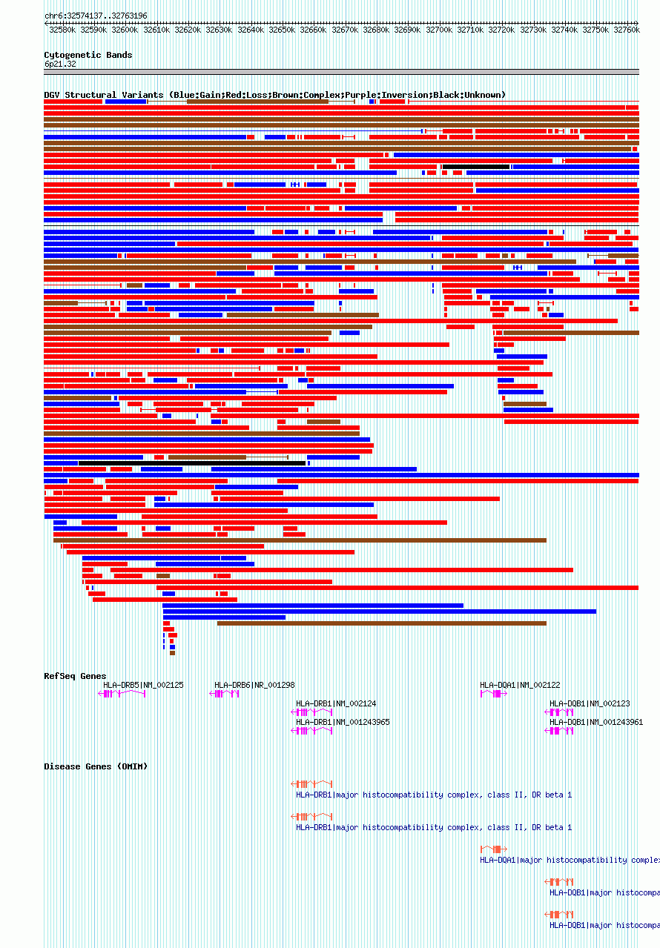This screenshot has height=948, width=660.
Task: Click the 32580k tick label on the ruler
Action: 62,30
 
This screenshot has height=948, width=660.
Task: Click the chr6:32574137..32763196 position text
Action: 96,16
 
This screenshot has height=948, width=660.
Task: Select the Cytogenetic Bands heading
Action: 88,55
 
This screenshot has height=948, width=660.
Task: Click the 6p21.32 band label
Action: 59,64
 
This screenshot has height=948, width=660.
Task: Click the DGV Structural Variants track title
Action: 274,95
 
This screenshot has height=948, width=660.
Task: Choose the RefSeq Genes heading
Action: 75,676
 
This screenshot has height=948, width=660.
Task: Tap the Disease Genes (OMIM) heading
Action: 96,766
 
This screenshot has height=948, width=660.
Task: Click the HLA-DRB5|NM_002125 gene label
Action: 143,685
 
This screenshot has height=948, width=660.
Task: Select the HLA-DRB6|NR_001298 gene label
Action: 254,685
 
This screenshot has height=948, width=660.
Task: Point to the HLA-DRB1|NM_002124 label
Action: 336,703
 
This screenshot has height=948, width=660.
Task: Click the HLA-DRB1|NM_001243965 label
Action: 343,722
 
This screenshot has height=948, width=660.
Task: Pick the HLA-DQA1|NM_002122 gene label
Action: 520,685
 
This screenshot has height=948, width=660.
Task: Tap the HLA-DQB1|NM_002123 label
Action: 590,703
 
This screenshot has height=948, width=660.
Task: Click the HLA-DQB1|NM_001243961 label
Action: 596,722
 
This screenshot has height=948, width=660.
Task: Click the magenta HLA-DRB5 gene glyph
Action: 122,694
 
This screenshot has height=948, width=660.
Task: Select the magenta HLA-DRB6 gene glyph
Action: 225,694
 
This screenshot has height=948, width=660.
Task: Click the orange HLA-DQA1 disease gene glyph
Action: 494,849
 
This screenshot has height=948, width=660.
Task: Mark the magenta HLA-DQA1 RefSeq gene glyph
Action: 494,694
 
